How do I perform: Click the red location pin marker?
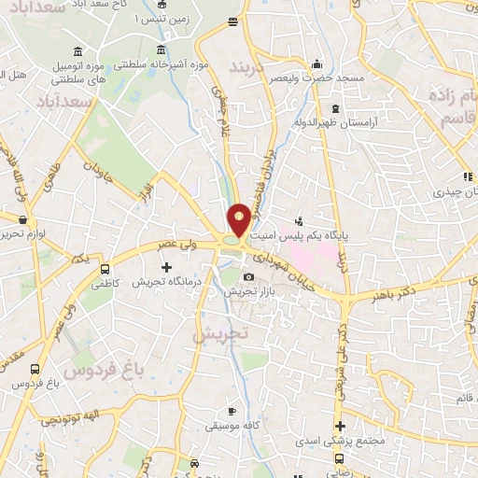pyautogui.click(x=239, y=218)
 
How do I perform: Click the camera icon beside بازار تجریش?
pyautogui.click(x=248, y=277)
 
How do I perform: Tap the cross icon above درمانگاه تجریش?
pyautogui.click(x=167, y=268)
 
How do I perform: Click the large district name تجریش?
pyautogui.click(x=223, y=333)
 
